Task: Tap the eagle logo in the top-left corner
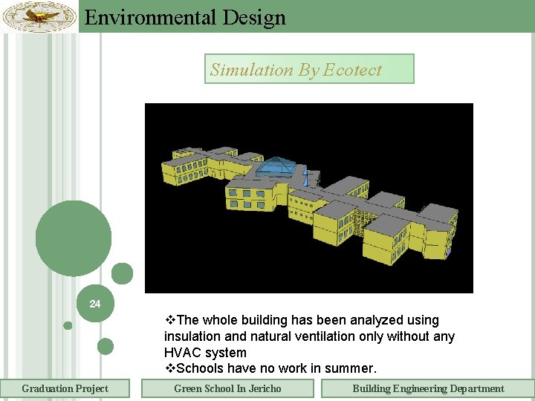(x=39, y=16)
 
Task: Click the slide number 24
(x=95, y=304)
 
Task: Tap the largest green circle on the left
(x=74, y=238)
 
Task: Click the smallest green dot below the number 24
(x=68, y=325)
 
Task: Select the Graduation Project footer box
(x=65, y=388)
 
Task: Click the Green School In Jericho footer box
(x=227, y=388)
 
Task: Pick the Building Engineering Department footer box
(x=427, y=388)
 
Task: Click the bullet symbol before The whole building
(x=170, y=320)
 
